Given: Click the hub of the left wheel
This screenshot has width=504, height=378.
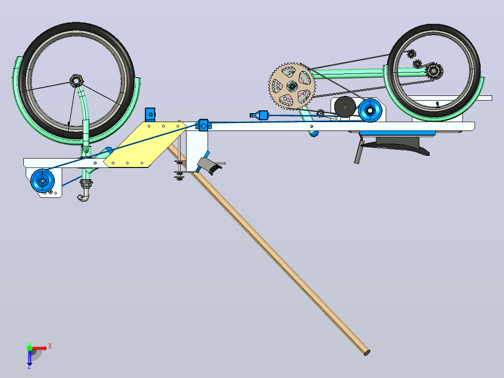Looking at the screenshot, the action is (76, 81).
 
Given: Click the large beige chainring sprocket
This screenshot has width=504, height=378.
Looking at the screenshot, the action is (292, 86).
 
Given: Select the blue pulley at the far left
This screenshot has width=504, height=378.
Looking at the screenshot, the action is (43, 181).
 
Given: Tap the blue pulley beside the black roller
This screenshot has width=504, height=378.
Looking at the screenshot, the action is (370, 110).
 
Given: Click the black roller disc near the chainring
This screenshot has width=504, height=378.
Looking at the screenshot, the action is (345, 107).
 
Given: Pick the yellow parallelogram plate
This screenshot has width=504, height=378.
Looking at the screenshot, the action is (145, 145).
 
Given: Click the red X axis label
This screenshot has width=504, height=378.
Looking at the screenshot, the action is (50, 346).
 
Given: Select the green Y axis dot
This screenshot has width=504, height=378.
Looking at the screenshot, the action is (29, 348).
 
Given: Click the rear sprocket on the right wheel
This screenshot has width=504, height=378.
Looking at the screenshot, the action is (433, 71).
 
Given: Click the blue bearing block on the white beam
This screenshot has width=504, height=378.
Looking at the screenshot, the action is (203, 125).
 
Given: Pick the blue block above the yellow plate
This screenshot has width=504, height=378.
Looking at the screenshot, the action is (150, 115).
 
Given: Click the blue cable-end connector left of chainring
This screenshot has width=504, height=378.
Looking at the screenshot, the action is (259, 115).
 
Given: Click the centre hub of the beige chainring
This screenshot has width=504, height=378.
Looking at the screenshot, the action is (292, 86).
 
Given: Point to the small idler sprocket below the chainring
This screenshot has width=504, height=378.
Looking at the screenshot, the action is (320, 113).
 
